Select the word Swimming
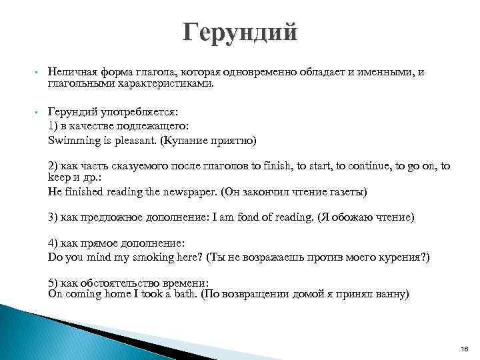point(72,141)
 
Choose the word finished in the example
point(83,191)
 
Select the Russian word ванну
point(392,293)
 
